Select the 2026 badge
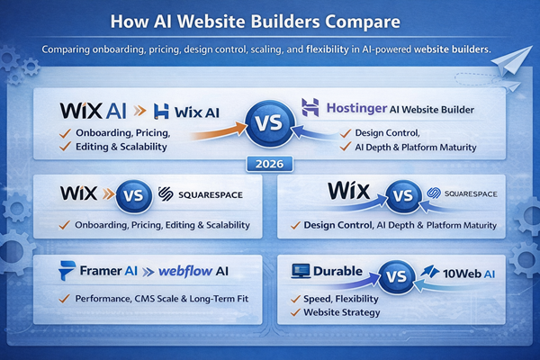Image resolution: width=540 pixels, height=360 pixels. pyautogui.click(x=270, y=166)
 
